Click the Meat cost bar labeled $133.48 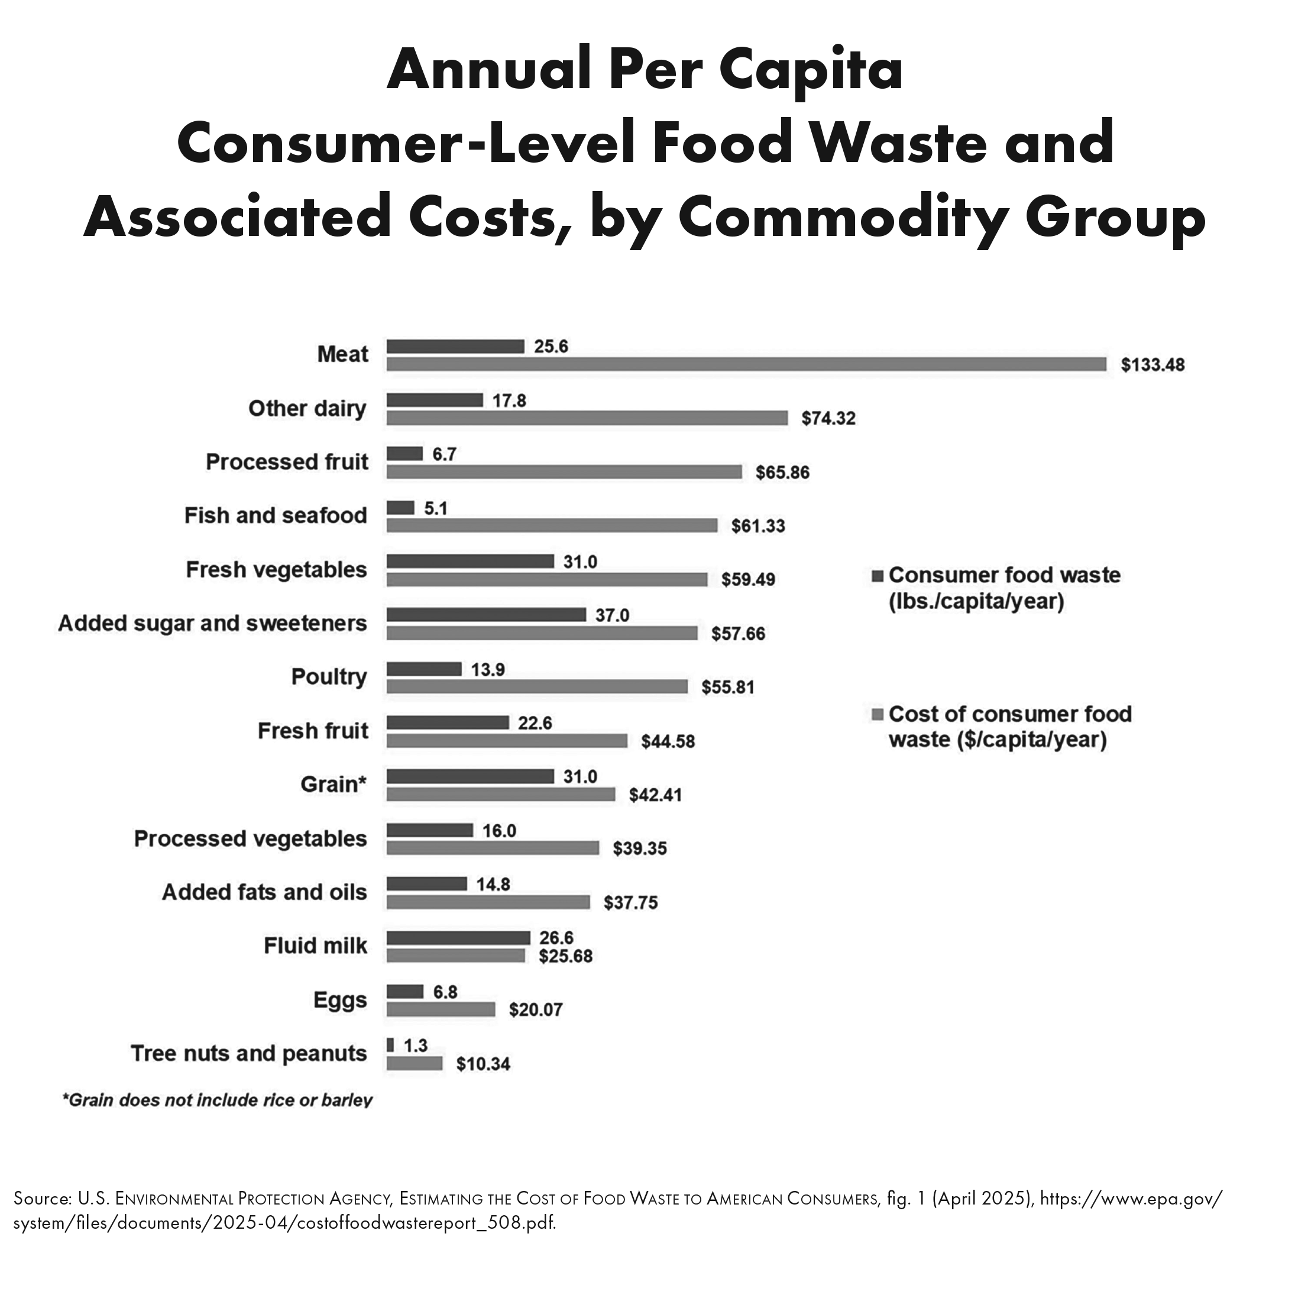click(x=746, y=365)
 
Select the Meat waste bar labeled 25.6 click(x=455, y=347)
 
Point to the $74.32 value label click(x=828, y=419)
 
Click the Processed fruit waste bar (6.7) click(x=404, y=454)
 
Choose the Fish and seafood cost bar click(x=552, y=525)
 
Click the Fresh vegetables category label click(x=276, y=570)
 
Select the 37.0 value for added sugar click(x=612, y=616)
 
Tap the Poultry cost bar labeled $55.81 click(x=537, y=687)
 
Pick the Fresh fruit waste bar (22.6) click(x=448, y=723)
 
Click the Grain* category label click(x=333, y=785)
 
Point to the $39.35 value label click(x=640, y=849)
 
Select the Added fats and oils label click(x=264, y=892)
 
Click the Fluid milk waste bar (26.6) click(x=458, y=938)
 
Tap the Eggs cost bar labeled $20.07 click(x=441, y=1010)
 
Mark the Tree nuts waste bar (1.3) click(x=390, y=1045)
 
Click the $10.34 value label click(x=483, y=1064)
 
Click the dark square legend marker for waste click(x=878, y=576)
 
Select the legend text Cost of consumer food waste click(x=1009, y=727)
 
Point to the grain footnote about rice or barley click(x=217, y=1100)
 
